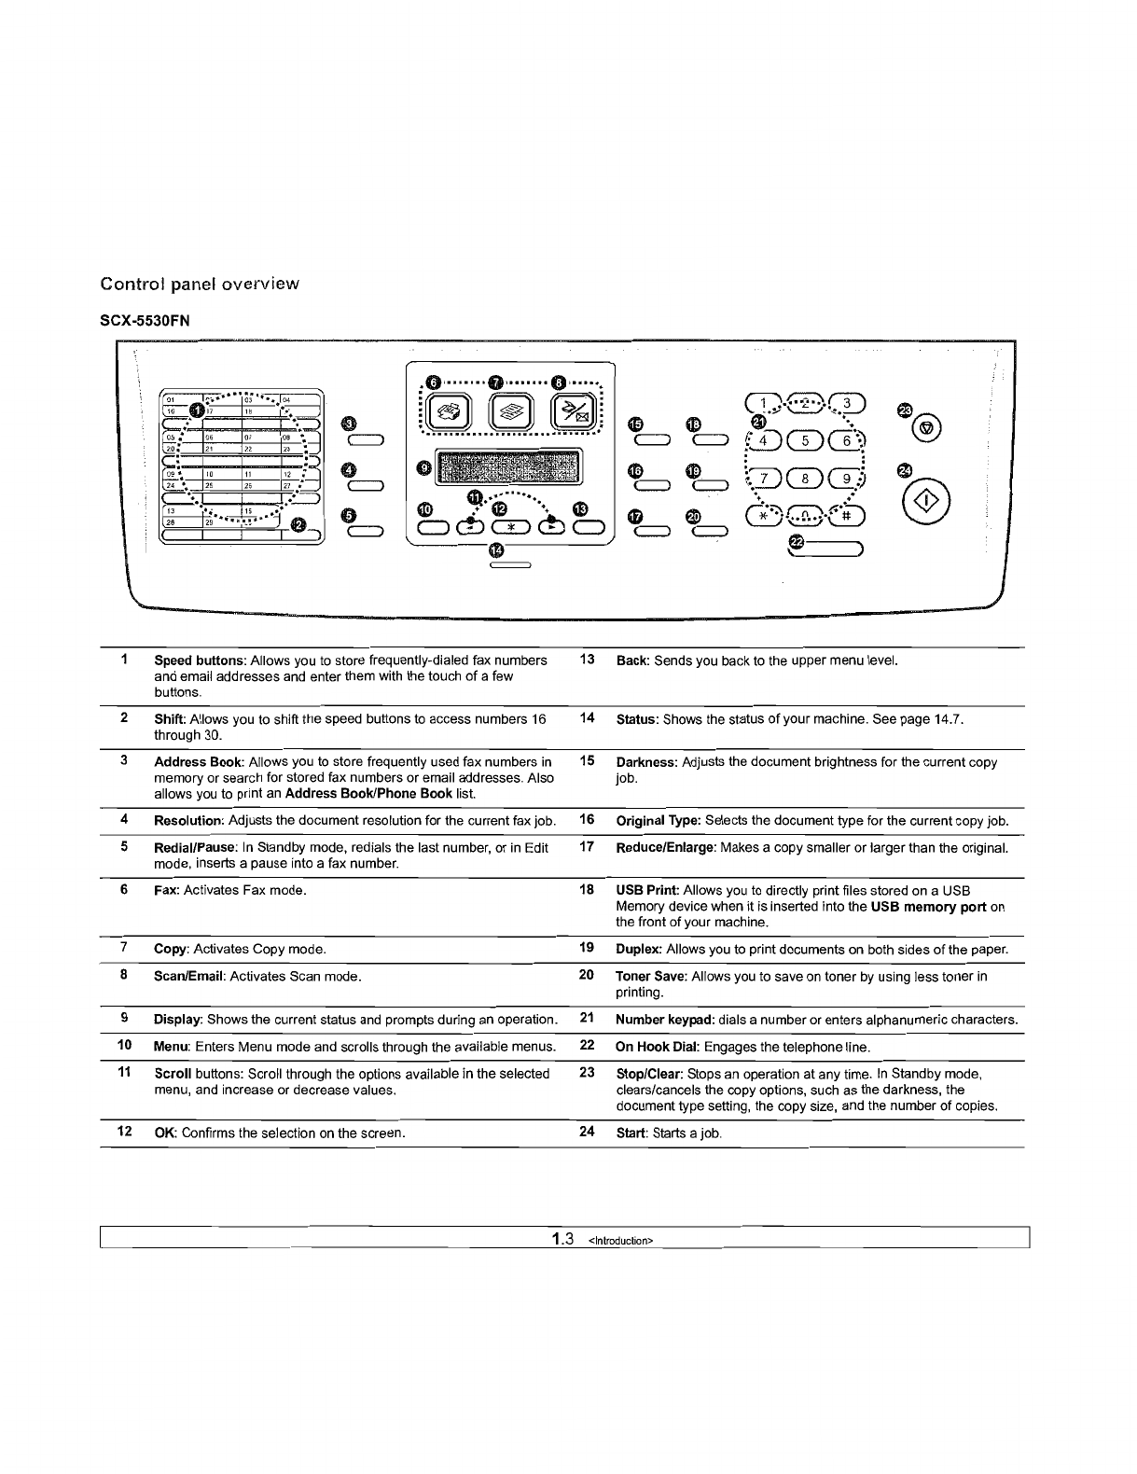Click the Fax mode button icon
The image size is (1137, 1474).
tap(450, 410)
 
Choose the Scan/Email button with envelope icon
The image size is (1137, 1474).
tap(571, 410)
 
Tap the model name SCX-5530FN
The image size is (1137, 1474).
tap(145, 321)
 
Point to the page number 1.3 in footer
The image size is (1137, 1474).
tap(560, 1239)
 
